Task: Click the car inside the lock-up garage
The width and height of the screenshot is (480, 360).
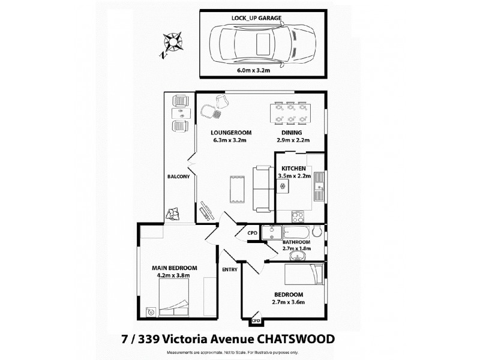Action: pos(263,45)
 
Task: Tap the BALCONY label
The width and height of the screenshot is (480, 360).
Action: pos(179,177)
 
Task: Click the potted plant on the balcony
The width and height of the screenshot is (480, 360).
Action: pos(176,212)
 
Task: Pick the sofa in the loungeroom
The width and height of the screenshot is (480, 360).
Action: pos(263,188)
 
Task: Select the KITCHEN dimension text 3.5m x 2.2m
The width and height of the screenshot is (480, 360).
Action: pos(294,176)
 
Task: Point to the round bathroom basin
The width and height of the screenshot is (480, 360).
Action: pos(296,256)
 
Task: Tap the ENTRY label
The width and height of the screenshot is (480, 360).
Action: pos(230,269)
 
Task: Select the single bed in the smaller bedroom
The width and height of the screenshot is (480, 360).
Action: pos(304,275)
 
